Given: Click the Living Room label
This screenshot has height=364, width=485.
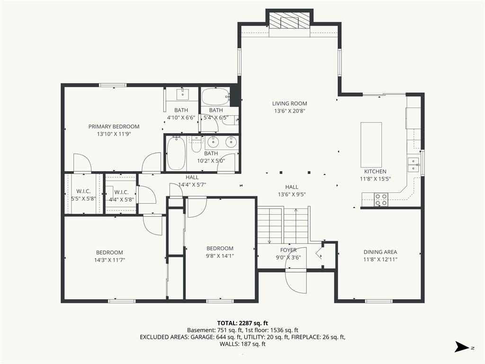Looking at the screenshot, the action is pos(289,104).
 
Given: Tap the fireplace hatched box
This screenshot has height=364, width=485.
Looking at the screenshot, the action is pos(289,21).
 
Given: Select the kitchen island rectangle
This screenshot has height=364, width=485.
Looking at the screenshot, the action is pos(371,145).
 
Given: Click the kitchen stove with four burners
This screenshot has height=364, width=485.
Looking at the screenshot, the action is pos(381,200).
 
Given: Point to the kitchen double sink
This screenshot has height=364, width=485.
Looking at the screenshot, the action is pos(413,164).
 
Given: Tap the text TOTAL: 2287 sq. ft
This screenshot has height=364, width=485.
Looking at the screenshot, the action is pos(242,323).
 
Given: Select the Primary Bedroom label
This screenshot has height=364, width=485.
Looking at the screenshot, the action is pos(114,126).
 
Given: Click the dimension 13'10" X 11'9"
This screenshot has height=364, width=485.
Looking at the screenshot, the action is pos(114,134).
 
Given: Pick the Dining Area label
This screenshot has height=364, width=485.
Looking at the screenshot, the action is pos(380,252).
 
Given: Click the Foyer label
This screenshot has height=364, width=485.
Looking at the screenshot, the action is pos(288,250).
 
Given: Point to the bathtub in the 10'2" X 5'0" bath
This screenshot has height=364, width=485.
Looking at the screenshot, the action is pos(176,153).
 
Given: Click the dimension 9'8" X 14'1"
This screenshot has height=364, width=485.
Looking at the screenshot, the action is pos(220,256).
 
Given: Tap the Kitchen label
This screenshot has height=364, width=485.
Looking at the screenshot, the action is pos(375,171).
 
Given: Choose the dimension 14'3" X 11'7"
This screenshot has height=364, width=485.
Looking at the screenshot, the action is pos(109,260).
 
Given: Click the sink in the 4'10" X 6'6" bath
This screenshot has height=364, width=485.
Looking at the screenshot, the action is pos(182,94).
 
